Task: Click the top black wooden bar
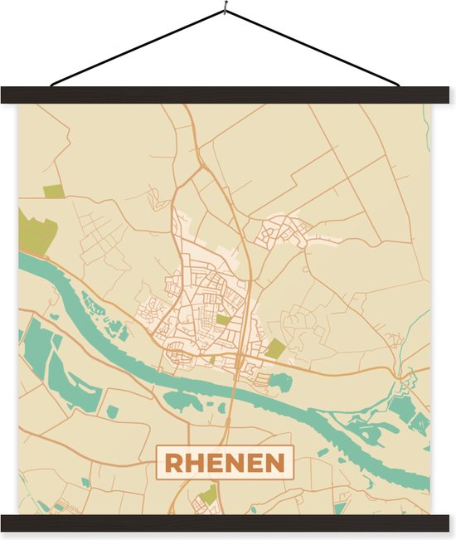[x=228, y=95]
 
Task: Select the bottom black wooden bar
[x=228, y=523]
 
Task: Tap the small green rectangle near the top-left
[x=53, y=192]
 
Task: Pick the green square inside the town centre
[x=223, y=319]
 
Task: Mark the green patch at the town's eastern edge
[x=275, y=348]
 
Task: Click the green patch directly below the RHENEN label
[x=209, y=494]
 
